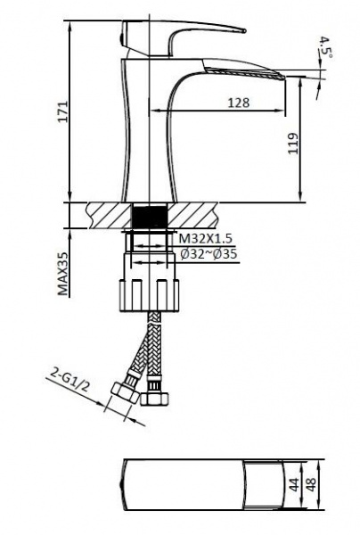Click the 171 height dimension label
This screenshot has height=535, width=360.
(x=62, y=111)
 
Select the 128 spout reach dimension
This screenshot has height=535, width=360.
(x=239, y=103)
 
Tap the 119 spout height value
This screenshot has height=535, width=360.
(x=293, y=144)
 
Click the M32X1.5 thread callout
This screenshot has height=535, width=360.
(x=207, y=238)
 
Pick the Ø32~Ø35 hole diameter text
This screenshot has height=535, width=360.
(x=209, y=254)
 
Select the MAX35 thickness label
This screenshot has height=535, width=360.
(x=62, y=274)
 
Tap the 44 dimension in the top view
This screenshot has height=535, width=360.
(x=294, y=484)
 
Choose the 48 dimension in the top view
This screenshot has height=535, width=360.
(x=312, y=484)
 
